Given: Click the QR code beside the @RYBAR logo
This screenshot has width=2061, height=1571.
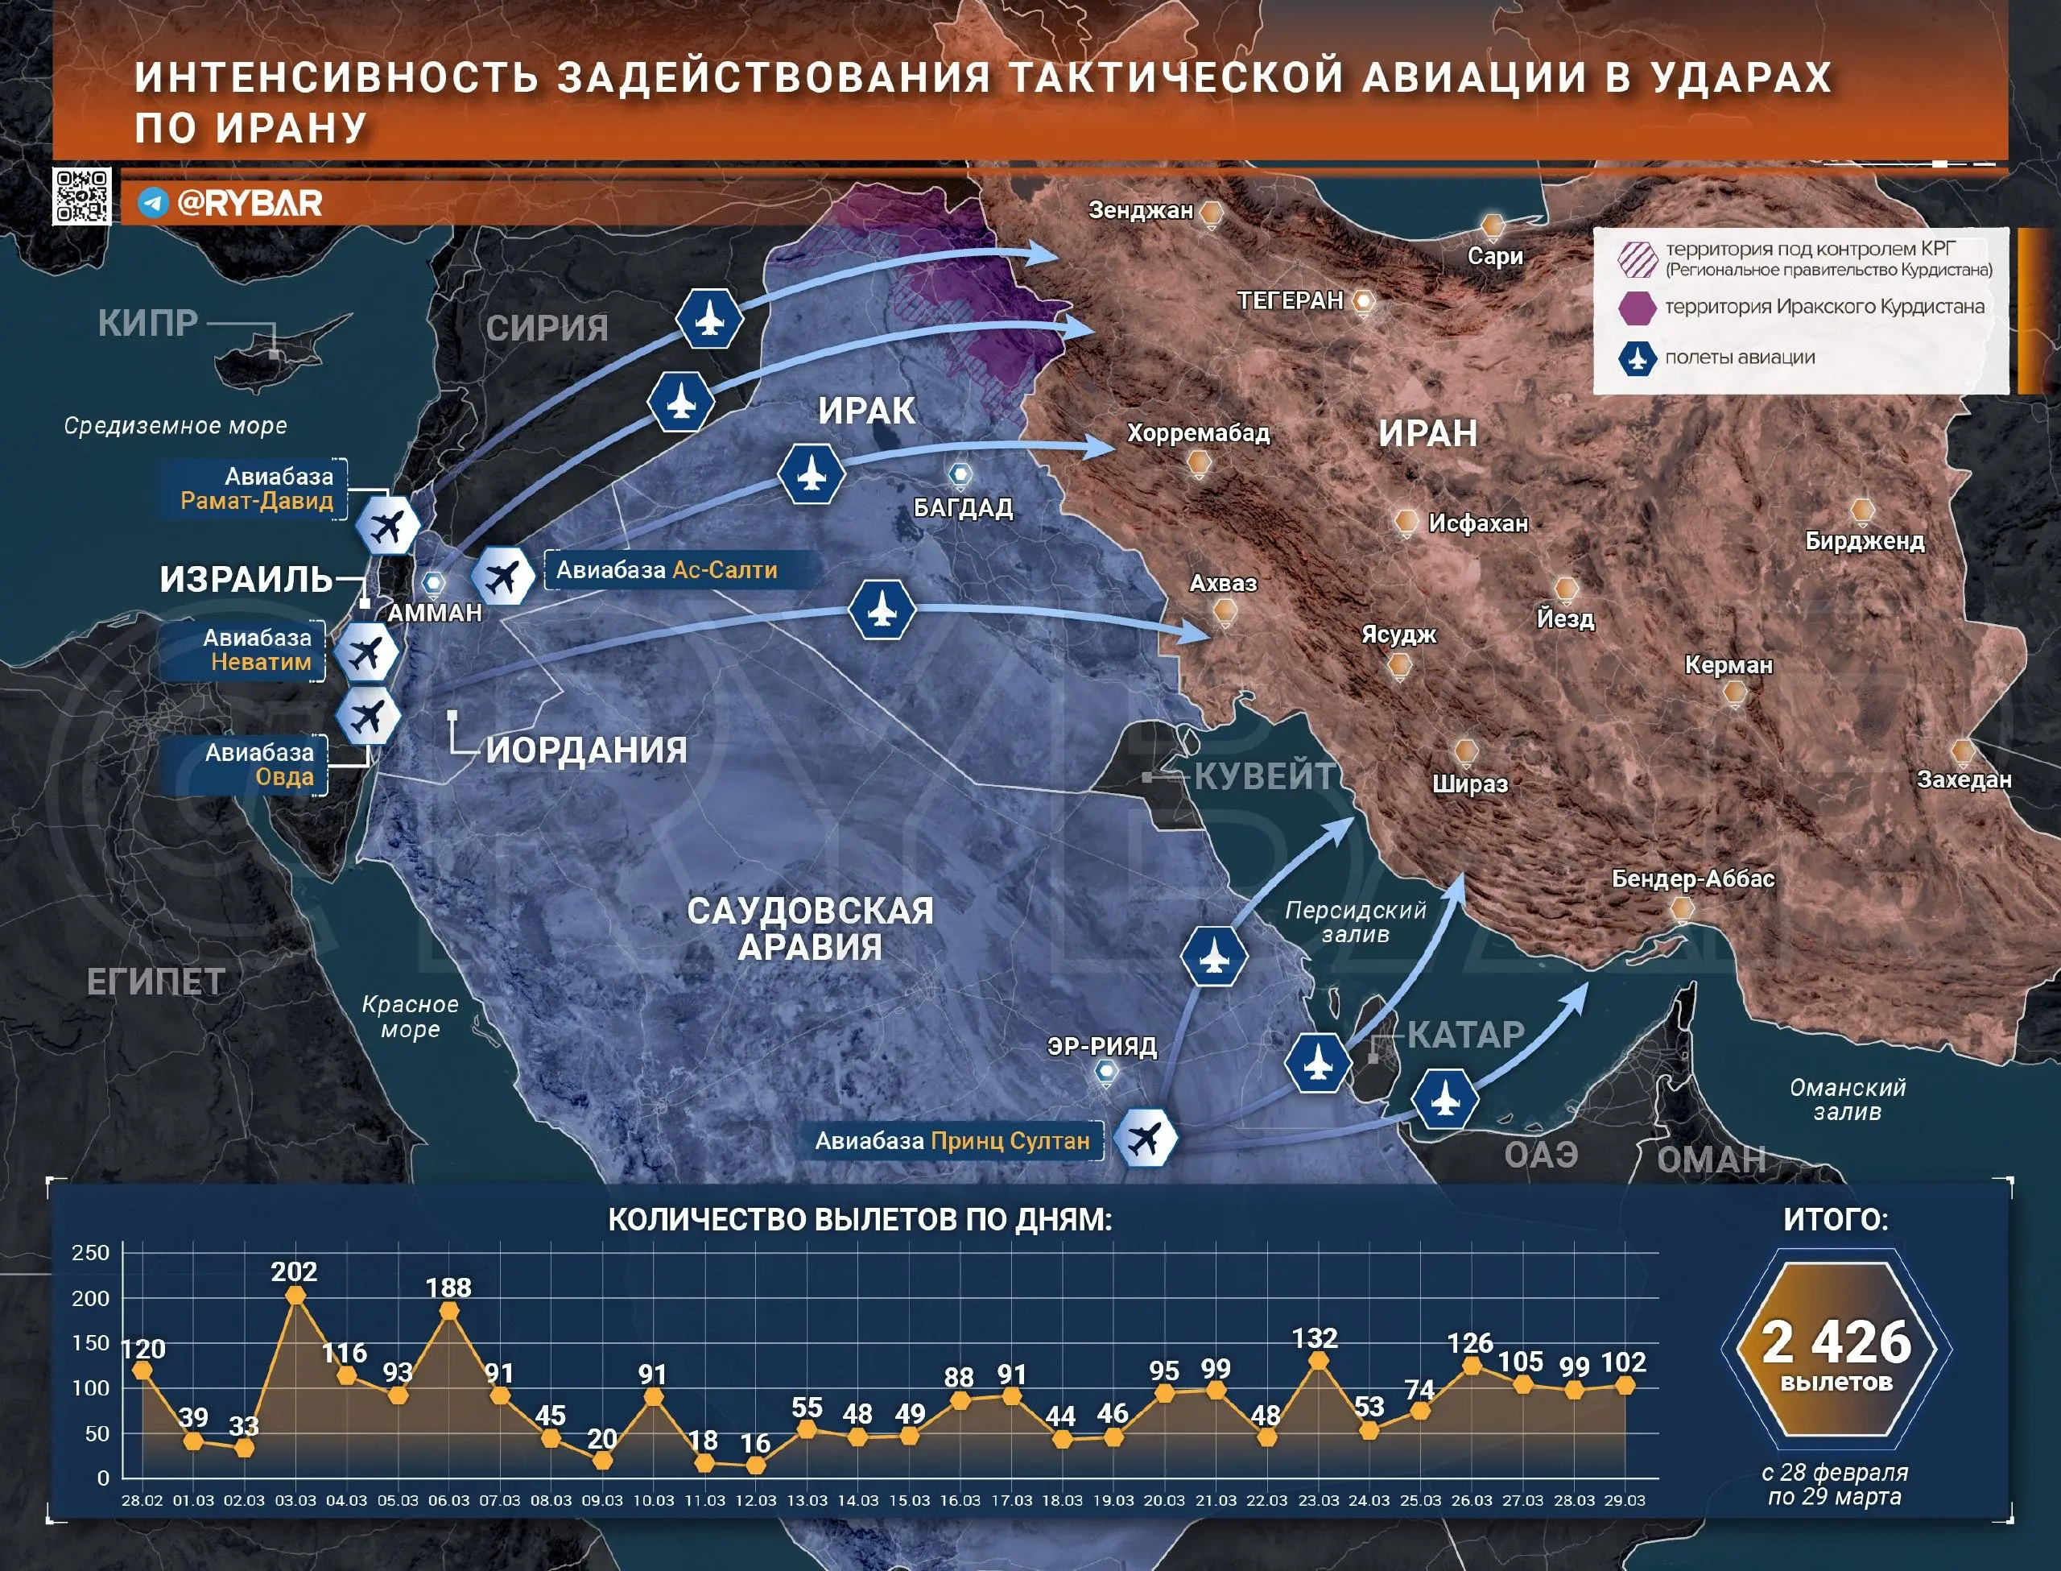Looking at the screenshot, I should (x=82, y=196).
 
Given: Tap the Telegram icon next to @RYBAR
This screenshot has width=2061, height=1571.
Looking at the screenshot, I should (x=153, y=203).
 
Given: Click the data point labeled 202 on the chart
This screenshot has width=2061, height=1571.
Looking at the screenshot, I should (x=295, y=1295).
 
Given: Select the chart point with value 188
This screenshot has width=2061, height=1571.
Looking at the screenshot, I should (x=448, y=1311).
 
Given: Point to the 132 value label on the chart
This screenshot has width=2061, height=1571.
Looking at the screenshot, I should (x=1315, y=1338).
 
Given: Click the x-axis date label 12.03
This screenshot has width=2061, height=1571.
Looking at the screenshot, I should (x=755, y=1501).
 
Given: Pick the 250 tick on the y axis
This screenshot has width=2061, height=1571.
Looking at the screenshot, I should (x=91, y=1253).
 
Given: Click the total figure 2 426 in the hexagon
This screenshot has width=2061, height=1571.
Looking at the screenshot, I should (x=1836, y=1343).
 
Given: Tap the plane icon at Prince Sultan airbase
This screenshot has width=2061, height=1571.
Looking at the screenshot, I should (x=1146, y=1139).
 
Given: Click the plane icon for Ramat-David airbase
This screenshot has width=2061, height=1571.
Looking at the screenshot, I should (x=388, y=527).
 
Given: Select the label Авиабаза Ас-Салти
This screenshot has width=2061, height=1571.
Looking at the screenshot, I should (x=667, y=569).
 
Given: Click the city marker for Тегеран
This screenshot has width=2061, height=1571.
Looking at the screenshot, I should (x=1364, y=301).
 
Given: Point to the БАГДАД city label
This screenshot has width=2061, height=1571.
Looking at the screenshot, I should (x=963, y=508).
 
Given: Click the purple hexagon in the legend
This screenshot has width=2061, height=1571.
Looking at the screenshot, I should (x=1638, y=308).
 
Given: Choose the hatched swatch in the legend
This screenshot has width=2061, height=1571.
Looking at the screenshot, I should (x=1638, y=259).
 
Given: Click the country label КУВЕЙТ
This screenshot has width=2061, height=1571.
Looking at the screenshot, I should (x=1265, y=776).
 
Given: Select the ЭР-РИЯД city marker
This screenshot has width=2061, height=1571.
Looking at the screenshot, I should (x=1105, y=1072).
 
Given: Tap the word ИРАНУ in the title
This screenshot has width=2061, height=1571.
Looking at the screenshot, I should (x=291, y=128).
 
